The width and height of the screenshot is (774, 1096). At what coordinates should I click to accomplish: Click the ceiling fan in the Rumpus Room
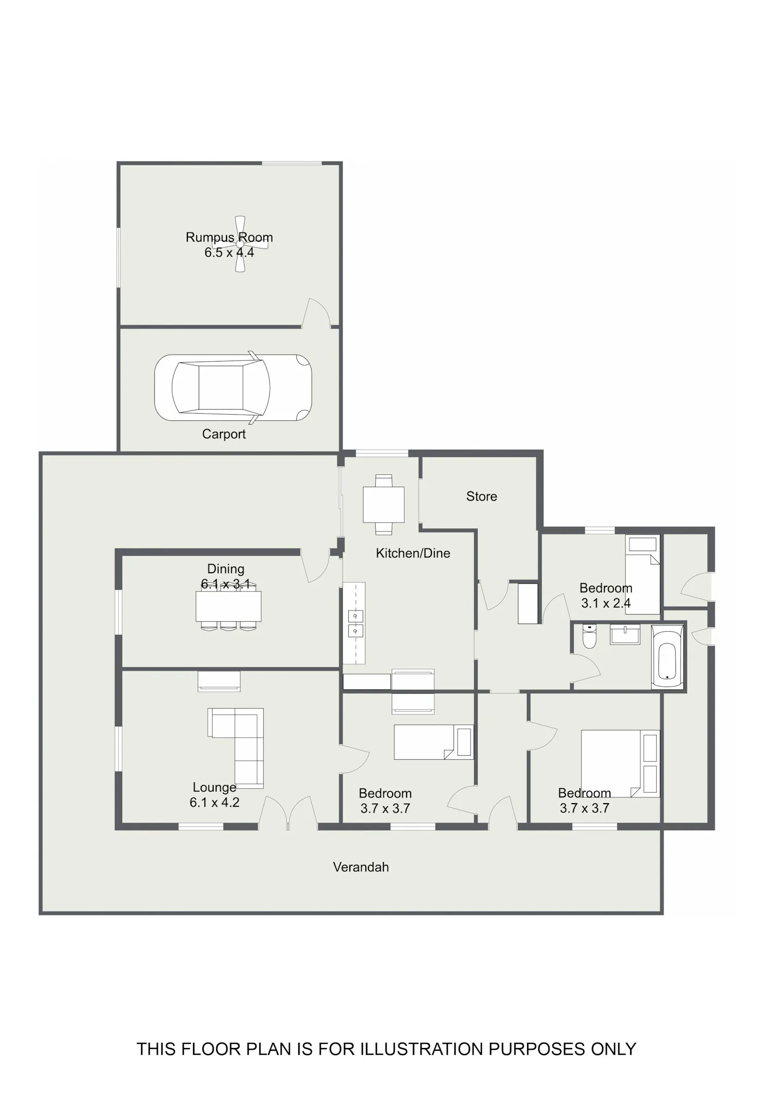(240, 244)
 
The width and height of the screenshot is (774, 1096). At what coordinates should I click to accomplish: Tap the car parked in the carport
(233, 387)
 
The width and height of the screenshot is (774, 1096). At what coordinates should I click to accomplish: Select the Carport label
(223, 434)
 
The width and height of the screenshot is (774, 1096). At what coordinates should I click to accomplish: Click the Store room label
(481, 496)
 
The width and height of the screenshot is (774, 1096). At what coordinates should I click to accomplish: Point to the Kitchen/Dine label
(413, 553)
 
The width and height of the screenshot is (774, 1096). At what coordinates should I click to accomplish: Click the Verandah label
(361, 867)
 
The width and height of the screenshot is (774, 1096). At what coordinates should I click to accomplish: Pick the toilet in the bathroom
(589, 636)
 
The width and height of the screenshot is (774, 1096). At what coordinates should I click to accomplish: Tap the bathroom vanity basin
(625, 634)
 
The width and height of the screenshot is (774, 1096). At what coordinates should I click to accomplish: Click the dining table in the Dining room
(228, 606)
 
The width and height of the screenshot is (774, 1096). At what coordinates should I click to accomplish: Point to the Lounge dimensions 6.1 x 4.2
(214, 802)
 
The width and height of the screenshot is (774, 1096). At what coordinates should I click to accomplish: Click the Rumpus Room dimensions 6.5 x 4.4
(229, 253)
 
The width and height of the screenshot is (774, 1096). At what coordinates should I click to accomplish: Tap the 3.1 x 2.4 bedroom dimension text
(606, 603)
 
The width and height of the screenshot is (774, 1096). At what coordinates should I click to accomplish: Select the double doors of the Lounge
(288, 812)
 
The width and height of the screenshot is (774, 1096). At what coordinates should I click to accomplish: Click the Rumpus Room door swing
(316, 313)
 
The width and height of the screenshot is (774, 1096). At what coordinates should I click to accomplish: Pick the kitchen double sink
(356, 623)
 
